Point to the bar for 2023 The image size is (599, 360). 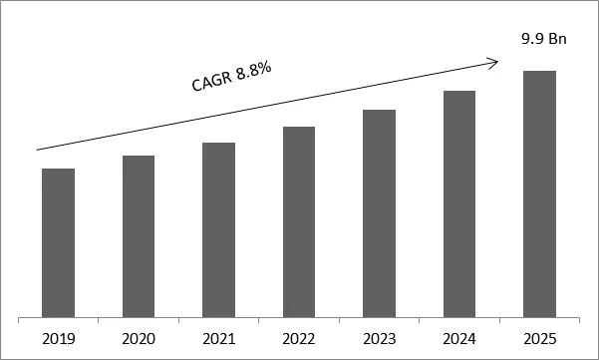[x=379, y=213]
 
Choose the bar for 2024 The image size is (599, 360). [x=459, y=203]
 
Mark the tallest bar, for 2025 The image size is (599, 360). [x=539, y=193]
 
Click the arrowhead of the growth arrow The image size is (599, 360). [x=492, y=63]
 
